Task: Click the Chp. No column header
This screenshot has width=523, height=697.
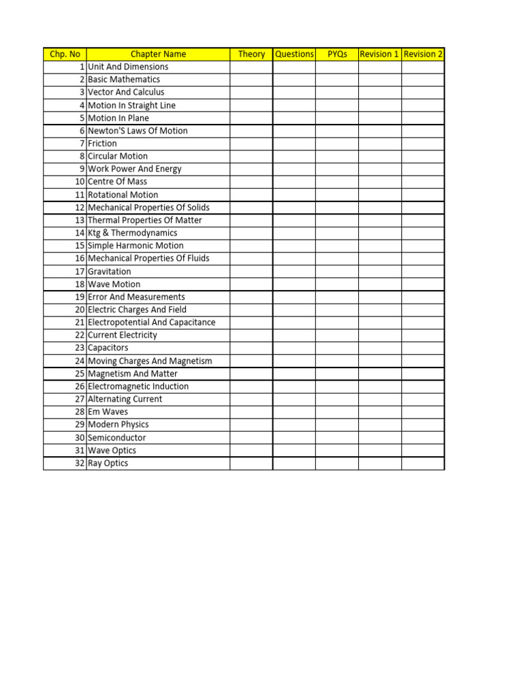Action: point(65,54)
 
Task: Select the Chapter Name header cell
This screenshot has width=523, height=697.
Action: point(158,54)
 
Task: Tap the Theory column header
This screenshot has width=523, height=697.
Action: point(251,54)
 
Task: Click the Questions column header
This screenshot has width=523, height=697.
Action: point(294,54)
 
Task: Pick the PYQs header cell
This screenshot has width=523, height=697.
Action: point(336,54)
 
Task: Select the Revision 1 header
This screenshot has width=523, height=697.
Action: point(379,54)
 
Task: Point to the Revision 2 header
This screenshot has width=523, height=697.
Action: point(423,54)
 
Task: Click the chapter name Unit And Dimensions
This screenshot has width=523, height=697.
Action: point(128,67)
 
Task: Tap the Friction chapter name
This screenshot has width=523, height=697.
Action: point(102,144)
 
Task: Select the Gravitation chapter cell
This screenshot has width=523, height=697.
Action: point(110,272)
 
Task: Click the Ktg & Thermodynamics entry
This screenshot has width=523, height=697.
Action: point(132,233)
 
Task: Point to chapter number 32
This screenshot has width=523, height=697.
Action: point(80,464)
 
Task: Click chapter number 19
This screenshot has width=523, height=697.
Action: point(80,297)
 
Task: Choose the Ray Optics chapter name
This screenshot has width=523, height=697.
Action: point(108,464)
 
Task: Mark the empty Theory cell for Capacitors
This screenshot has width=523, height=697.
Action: point(251,348)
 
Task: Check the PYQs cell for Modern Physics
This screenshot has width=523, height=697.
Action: point(336,425)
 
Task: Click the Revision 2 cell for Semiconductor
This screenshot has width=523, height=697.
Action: point(423,438)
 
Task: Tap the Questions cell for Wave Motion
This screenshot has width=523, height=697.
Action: point(294,285)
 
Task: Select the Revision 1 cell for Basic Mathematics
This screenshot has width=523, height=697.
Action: point(379,80)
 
